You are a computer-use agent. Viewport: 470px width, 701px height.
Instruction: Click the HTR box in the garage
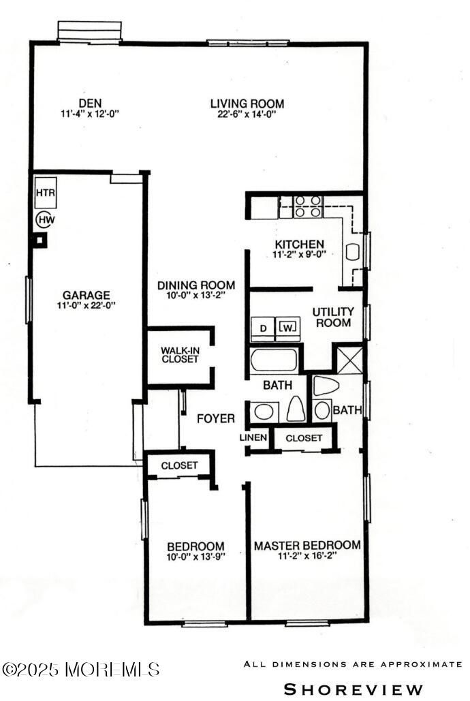(x=46, y=193)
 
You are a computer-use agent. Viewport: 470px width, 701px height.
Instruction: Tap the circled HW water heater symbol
(x=46, y=219)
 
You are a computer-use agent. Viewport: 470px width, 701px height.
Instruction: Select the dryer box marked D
(x=263, y=328)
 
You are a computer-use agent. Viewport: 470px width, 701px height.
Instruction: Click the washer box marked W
(x=287, y=328)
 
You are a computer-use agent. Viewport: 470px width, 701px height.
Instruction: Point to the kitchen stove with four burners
(x=308, y=206)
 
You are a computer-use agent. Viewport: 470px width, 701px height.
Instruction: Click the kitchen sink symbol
(x=353, y=251)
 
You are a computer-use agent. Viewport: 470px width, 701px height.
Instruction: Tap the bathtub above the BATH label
(x=274, y=361)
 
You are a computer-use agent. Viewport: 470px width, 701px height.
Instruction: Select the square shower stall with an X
(x=349, y=360)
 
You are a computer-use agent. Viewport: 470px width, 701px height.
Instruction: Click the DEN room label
(x=90, y=104)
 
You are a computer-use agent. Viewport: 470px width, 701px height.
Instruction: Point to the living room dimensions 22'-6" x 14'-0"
(x=247, y=114)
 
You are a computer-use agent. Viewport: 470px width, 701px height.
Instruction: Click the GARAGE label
(x=87, y=295)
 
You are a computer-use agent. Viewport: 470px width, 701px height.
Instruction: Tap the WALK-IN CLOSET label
(x=180, y=355)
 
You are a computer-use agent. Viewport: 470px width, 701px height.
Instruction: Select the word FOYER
(x=216, y=418)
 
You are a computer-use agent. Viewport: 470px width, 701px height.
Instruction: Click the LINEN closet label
(x=253, y=437)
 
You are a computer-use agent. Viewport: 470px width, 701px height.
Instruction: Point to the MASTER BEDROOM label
(x=307, y=546)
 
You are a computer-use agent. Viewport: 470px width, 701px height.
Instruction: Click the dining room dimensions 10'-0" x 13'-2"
(x=196, y=296)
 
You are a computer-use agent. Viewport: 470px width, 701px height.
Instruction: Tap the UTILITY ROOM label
(x=333, y=317)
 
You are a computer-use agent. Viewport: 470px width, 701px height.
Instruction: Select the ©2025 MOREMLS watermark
(x=81, y=669)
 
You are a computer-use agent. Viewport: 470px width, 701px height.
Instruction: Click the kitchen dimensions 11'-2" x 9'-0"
(x=300, y=255)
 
